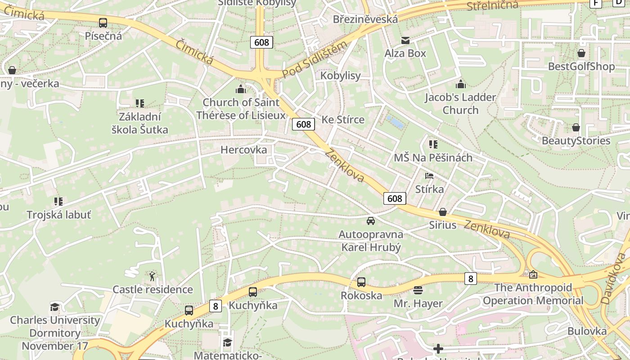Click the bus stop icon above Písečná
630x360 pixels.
click(x=103, y=22)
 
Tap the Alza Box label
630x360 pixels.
click(x=405, y=53)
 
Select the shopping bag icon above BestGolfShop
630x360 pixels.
click(x=581, y=53)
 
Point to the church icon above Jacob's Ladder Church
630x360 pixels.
click(x=460, y=84)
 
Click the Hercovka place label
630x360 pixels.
click(x=243, y=150)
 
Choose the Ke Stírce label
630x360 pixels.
click(x=343, y=120)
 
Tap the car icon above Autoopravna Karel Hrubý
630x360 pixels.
click(x=371, y=220)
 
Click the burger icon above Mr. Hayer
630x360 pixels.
click(x=418, y=290)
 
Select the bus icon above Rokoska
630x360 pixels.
click(x=361, y=282)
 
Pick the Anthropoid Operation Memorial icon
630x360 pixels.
click(x=533, y=274)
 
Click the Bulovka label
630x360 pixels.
click(x=587, y=331)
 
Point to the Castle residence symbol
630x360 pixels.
click(x=153, y=275)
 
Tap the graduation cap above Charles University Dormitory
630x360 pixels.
click(x=55, y=307)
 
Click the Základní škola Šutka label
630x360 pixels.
click(x=140, y=123)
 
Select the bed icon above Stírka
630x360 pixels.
click(x=429, y=175)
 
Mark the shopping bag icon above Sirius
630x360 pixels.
click(x=443, y=211)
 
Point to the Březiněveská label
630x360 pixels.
click(x=365, y=19)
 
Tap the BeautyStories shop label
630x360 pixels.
click(x=576, y=141)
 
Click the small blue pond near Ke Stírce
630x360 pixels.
click(x=396, y=122)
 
